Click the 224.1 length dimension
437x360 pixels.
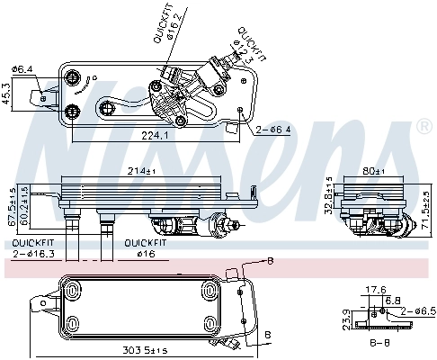coord(156,136)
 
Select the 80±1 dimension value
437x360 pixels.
coord(372,170)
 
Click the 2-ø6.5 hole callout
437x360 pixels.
coord(419,310)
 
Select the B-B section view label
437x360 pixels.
coord(380,343)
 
